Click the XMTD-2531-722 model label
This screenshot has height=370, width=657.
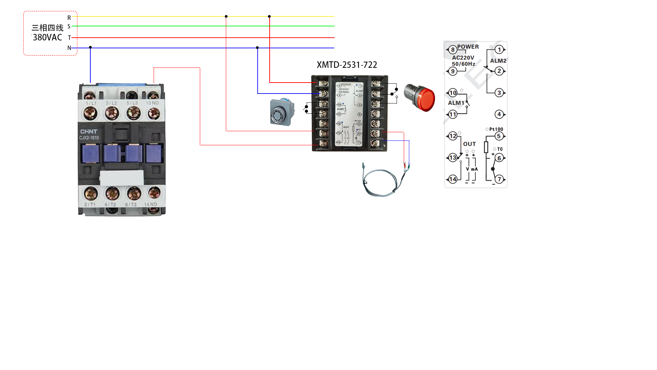click(347, 65)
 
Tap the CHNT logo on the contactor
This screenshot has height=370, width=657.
click(89, 132)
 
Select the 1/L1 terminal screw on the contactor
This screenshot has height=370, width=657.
click(91, 113)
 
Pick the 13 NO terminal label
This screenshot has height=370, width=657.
click(152, 103)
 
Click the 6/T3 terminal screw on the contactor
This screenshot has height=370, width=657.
click(134, 194)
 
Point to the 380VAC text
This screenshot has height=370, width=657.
click(48, 37)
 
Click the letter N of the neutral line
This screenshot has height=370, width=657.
click(69, 48)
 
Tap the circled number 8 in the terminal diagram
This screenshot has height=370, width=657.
click(453, 50)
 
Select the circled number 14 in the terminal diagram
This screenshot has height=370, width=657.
click(453, 179)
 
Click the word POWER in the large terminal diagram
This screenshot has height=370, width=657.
click(468, 47)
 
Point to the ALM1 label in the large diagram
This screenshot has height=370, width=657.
click(456, 103)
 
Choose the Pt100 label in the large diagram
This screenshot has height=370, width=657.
click(496, 129)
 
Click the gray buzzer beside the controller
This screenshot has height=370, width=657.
click(282, 112)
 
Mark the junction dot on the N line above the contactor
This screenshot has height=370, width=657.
click(90, 47)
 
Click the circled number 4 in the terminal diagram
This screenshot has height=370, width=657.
click(499, 114)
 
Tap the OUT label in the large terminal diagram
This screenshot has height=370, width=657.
click(469, 144)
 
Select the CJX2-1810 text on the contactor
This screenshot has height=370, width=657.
click(89, 138)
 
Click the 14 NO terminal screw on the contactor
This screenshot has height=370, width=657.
click(154, 193)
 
